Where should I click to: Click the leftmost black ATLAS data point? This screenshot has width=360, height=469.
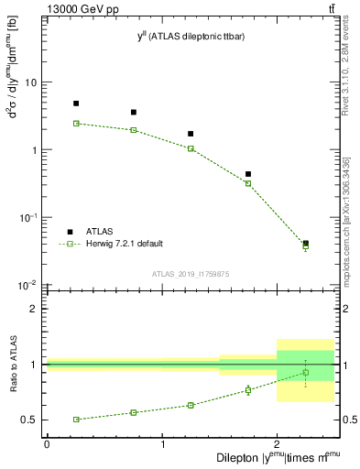click(76, 104)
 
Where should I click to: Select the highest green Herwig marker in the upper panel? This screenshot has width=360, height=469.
click(76, 123)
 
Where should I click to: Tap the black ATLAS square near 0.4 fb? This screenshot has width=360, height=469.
click(248, 174)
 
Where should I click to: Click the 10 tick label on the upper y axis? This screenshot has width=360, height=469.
click(30, 82)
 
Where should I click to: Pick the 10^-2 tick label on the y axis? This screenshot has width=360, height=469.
click(27, 286)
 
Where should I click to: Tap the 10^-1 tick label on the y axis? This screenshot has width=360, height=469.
click(27, 218)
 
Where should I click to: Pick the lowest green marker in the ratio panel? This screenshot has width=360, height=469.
click(76, 420)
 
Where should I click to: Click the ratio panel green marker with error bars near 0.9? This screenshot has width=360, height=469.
click(306, 373)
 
